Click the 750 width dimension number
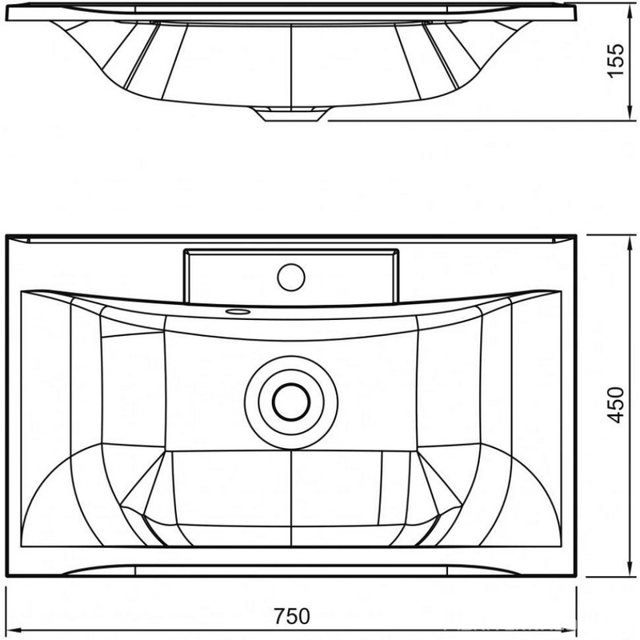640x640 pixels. coord(291,617)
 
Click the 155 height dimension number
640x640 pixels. coord(616,60)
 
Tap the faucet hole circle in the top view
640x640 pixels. coord(291,277)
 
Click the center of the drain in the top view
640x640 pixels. coord(291,402)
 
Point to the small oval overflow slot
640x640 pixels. coord(238,312)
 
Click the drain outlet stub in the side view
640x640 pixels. coord(291,114)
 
